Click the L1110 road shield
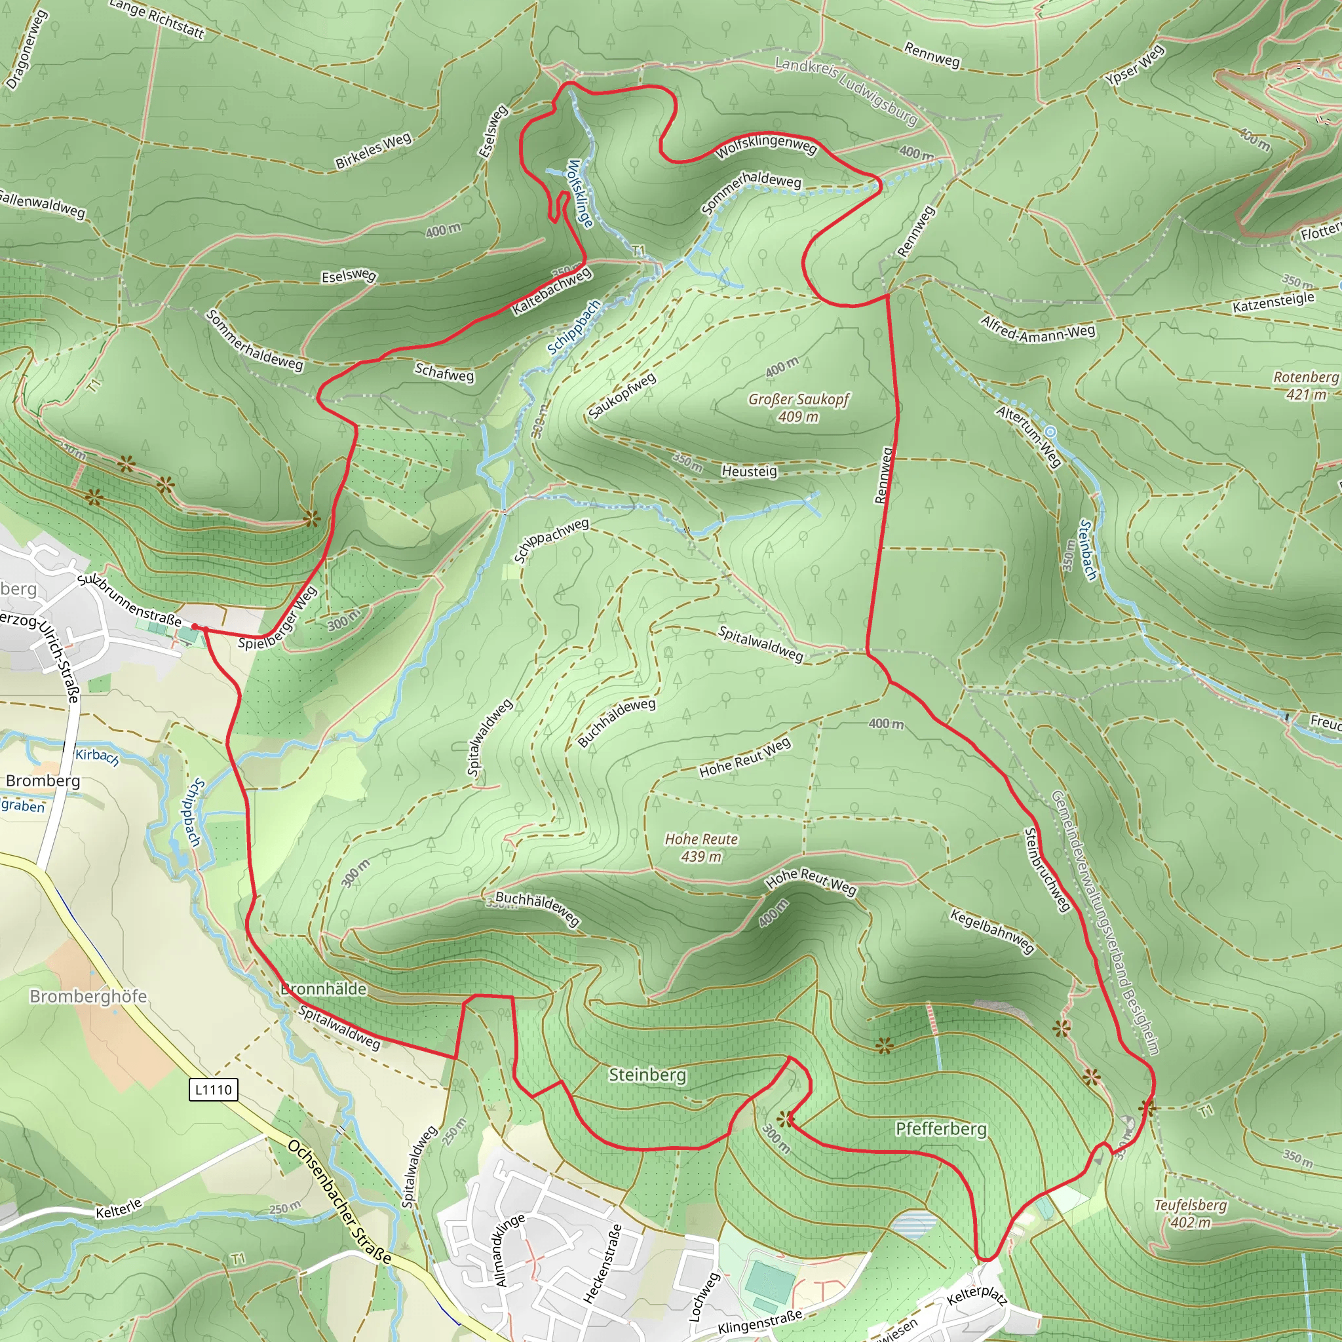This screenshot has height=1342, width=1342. (x=213, y=1089)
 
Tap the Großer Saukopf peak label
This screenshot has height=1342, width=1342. (x=798, y=408)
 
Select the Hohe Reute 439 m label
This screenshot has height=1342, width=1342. (x=701, y=847)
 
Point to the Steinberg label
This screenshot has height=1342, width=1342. (x=647, y=1075)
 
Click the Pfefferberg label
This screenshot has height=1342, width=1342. (x=940, y=1129)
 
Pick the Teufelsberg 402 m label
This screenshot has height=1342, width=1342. (x=1191, y=1214)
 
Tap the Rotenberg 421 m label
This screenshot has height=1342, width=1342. (x=1305, y=385)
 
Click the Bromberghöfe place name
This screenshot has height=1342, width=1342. (x=88, y=997)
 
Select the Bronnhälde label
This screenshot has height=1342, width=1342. (x=324, y=988)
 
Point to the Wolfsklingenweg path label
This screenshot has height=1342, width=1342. (x=766, y=147)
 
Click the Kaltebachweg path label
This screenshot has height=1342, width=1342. (x=552, y=291)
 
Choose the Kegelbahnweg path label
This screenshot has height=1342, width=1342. (x=993, y=930)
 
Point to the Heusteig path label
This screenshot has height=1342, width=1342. (x=750, y=471)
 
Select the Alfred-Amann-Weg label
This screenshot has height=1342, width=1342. (x=1038, y=328)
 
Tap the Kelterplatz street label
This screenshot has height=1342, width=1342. (x=976, y=1295)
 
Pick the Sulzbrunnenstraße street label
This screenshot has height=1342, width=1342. (x=129, y=600)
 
